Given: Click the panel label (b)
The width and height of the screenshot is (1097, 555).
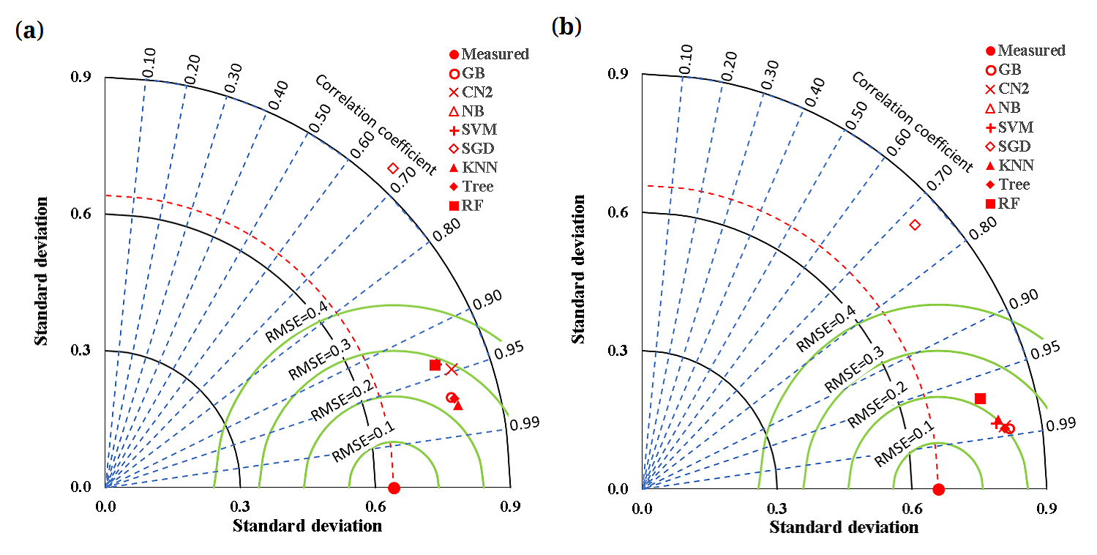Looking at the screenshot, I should coord(566,27).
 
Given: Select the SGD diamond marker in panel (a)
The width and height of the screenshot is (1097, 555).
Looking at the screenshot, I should coord(392,169).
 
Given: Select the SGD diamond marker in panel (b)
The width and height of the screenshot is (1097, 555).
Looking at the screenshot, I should coord(915,224).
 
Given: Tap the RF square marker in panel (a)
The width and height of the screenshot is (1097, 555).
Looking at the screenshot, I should coord(435,365).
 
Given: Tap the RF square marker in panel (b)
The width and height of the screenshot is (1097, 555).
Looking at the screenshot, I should coord(980,398).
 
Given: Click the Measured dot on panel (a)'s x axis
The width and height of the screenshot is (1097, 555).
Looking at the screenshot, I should coord(394,488).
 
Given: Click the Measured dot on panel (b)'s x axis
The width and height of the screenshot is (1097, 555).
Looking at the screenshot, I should coord(939,489).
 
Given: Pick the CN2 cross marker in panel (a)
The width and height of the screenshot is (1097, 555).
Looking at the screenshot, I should coord(452,369).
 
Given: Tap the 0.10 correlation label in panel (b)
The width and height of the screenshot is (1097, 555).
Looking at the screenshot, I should coord(685,59).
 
